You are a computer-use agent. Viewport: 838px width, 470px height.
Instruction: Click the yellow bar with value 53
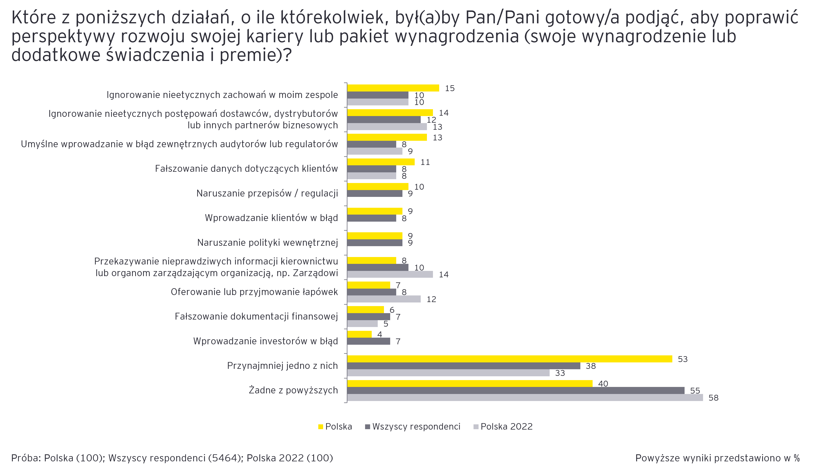point(509,359)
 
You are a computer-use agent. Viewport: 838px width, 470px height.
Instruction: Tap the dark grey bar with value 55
point(516,391)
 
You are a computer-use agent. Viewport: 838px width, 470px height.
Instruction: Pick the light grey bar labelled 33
point(448,373)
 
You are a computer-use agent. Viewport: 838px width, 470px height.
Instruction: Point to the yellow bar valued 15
point(393,88)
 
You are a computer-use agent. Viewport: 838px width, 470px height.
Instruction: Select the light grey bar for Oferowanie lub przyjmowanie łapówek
point(384,299)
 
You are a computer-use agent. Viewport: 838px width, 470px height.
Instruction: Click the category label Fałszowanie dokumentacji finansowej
point(256,317)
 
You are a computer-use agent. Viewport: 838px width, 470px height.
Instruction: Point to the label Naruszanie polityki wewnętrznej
point(267,243)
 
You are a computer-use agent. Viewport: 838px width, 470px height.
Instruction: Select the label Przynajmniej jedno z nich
point(282,366)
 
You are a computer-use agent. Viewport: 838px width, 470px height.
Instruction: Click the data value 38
point(591,366)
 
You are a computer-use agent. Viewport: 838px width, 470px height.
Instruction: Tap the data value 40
point(603,384)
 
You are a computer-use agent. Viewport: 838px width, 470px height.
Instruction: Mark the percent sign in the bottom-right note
point(796,458)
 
